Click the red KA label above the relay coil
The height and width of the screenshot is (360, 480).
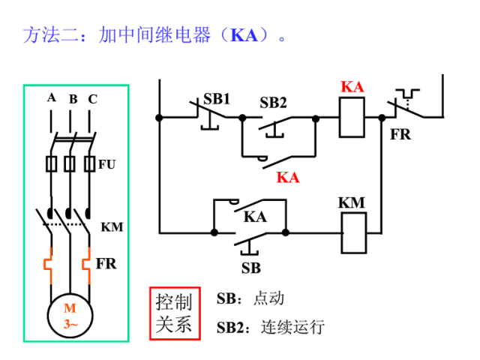pos(352,87)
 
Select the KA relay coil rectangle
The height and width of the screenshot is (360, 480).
pos(352,117)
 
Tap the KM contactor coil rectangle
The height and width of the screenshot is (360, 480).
pos(352,232)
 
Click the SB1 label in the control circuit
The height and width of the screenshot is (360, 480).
pos(217,99)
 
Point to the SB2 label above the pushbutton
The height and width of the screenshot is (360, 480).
pos(273,103)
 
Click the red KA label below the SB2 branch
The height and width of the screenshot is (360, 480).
pos(287,178)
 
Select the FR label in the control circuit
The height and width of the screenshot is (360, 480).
pos(400,135)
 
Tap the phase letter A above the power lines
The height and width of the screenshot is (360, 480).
pos(51,97)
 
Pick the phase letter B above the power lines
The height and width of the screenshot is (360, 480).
pos(73,99)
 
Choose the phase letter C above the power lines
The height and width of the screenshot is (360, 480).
pos(92,99)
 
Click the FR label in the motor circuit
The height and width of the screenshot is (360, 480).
pos(106,264)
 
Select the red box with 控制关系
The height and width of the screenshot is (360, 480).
pos(174,313)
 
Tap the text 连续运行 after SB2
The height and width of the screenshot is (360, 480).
pos(292,328)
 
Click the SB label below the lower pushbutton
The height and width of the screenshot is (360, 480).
pos(250,268)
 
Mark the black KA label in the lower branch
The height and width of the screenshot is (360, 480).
pos(255,217)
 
